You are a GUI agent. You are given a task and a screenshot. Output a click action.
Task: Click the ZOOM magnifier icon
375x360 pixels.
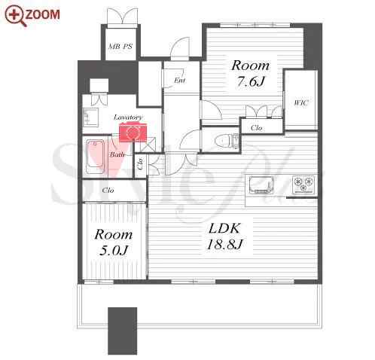[x=16, y=16]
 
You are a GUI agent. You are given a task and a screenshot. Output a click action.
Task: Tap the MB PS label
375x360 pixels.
[x=120, y=47]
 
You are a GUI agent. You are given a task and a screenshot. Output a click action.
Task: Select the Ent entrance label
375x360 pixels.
[x=180, y=81]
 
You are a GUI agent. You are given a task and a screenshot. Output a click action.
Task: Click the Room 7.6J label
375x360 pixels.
[x=250, y=73]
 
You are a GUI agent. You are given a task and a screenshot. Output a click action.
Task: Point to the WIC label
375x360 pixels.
[x=301, y=102]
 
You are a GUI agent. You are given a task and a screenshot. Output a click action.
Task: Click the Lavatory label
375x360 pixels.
[x=128, y=117]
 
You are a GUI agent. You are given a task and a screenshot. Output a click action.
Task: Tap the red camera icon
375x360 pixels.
[x=133, y=132]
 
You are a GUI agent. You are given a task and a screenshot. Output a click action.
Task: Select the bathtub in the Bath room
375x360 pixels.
[x=95, y=157]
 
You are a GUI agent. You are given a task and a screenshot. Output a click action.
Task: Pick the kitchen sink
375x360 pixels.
[x=261, y=185]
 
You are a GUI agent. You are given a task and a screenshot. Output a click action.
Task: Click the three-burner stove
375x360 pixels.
[x=303, y=185]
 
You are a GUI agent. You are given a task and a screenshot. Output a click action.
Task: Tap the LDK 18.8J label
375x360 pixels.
[x=224, y=236]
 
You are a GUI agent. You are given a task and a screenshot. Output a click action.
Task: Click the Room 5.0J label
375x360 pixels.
[x=114, y=243]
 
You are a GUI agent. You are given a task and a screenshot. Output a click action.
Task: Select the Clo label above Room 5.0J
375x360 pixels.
[x=108, y=191]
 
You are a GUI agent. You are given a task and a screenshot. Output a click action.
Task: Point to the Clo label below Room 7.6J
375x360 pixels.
[x=256, y=128]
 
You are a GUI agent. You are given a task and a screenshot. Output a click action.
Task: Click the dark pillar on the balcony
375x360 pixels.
[x=123, y=331]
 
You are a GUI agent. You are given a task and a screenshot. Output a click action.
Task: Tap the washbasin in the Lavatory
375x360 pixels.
[x=90, y=117]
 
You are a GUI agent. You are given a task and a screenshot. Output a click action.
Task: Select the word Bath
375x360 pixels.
[x=117, y=154]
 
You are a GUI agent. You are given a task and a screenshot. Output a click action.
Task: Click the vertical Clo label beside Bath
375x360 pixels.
[x=141, y=163]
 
